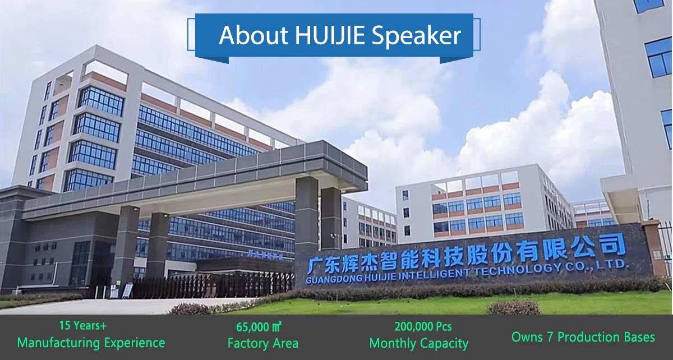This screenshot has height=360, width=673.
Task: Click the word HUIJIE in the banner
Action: [x=330, y=35]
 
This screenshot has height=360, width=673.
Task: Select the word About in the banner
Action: [x=253, y=35]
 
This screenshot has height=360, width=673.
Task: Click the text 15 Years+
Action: [x=83, y=326]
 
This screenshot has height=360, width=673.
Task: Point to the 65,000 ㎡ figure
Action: [x=259, y=327]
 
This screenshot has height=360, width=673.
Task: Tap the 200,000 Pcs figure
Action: [x=423, y=327]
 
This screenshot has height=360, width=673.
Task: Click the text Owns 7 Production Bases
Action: [x=583, y=337]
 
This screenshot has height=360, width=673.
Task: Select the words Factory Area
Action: [x=263, y=343]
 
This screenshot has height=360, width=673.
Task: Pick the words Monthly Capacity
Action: [x=419, y=344]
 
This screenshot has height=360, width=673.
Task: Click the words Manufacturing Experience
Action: [x=91, y=343]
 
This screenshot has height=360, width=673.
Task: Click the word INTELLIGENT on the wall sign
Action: [x=434, y=274]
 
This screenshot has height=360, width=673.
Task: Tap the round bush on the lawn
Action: [x=514, y=307]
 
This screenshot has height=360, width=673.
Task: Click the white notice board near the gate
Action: [x=128, y=290]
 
